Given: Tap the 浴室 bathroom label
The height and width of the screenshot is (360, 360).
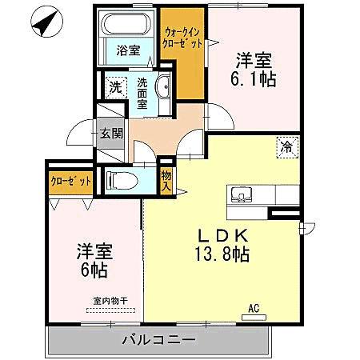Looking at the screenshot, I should tap(128, 50).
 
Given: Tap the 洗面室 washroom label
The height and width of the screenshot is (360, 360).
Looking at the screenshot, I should tap(142, 92).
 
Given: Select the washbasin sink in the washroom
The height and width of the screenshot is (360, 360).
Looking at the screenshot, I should tap(163, 90).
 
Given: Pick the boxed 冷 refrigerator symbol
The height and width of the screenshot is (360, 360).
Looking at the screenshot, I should tap(286, 146).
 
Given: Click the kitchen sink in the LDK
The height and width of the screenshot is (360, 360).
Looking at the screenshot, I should tap(242, 195).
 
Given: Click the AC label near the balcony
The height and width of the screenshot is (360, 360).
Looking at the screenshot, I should tap(254, 308).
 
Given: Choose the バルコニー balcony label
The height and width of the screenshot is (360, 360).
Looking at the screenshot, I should tap(158, 339).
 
